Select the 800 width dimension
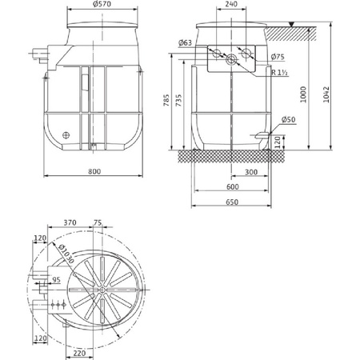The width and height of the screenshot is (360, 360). (x=95, y=170)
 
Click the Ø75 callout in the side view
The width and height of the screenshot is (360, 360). (x=278, y=57)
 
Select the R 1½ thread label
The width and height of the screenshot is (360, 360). (x=279, y=72)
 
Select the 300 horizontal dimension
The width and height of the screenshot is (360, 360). (x=251, y=171)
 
